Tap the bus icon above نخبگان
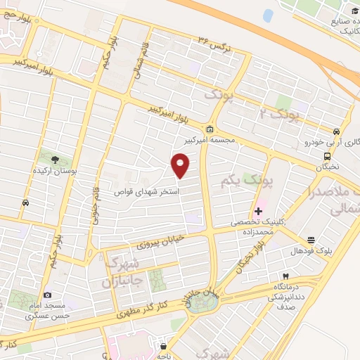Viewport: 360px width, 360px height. coord(327,156)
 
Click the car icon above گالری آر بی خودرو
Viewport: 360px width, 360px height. coord(337,131)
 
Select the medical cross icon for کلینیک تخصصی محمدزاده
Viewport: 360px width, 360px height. coord(257,210)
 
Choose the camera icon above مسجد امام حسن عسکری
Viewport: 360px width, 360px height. coord(47,295)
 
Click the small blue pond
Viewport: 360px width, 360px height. coord(268,15)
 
